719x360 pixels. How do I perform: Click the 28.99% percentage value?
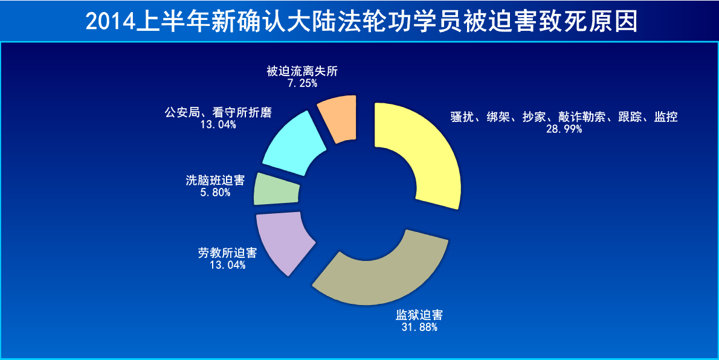click(564, 129)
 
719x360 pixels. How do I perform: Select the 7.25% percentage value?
click(302, 83)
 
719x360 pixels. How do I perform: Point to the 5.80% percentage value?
click(215, 193)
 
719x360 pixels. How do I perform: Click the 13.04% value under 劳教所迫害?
click(227, 265)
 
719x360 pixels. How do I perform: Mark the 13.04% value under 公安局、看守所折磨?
click(218, 124)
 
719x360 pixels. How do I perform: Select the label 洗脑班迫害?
click(215, 181)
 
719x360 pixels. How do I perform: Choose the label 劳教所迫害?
click(227, 252)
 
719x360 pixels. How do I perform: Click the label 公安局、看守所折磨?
click(218, 112)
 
